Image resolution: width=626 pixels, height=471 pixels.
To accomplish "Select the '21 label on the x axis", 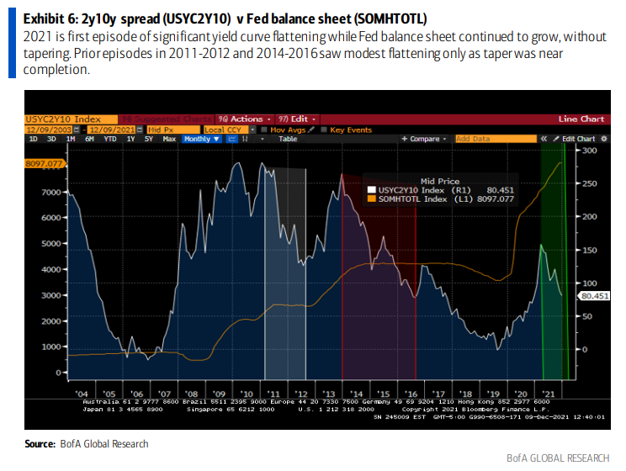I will (x=547, y=393).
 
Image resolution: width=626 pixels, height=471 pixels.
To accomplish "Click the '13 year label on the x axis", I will (x=328, y=393).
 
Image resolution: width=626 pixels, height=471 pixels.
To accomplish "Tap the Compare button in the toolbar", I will (x=426, y=139).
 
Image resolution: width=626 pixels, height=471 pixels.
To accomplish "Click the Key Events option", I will (x=350, y=130).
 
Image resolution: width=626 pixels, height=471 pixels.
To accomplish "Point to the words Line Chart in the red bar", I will (x=581, y=119).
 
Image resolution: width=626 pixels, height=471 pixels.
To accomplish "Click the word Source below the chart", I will (x=40, y=443).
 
